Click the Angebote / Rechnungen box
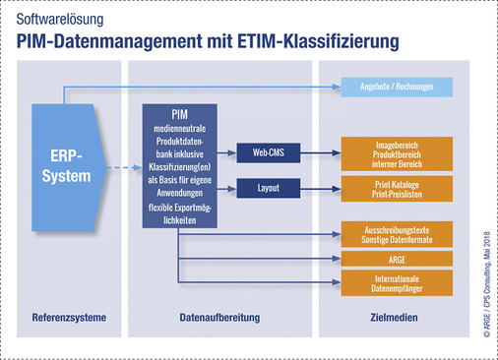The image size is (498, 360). pos(400,88)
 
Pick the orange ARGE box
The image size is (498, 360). pos(400,258)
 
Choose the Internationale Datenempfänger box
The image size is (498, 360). pos(400,283)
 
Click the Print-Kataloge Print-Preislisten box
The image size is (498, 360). pos(400,187)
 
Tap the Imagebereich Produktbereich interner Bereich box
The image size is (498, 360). pos(400,152)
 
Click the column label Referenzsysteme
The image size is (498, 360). pos(69,318)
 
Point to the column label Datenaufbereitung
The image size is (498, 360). pos(218,318)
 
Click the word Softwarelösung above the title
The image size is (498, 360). pos(58,18)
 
